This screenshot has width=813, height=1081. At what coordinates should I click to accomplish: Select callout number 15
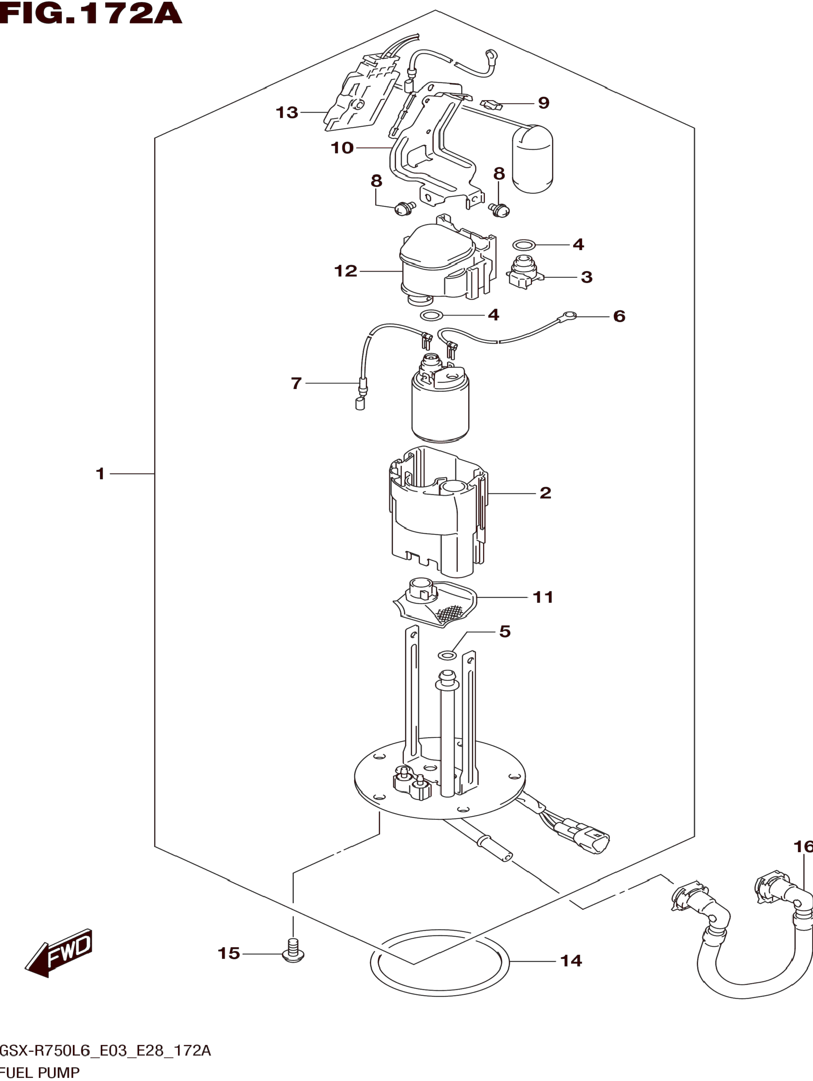point(229,953)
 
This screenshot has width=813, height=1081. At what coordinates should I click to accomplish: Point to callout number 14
point(571,961)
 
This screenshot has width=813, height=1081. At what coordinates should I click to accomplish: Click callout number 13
point(287,112)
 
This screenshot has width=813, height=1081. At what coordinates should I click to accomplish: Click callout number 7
point(296,383)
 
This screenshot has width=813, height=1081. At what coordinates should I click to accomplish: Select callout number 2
point(545,493)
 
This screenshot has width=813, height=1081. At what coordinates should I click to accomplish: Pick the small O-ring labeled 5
point(447,655)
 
